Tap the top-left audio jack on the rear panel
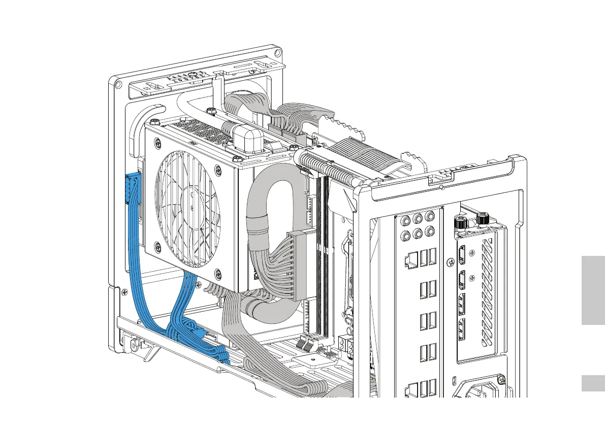pos(406,221)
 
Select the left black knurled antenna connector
pos(460,222)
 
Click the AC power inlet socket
pos(477,391)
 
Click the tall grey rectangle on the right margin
pos(593,291)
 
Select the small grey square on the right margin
pos(593,383)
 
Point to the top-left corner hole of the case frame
pos(118,84)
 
